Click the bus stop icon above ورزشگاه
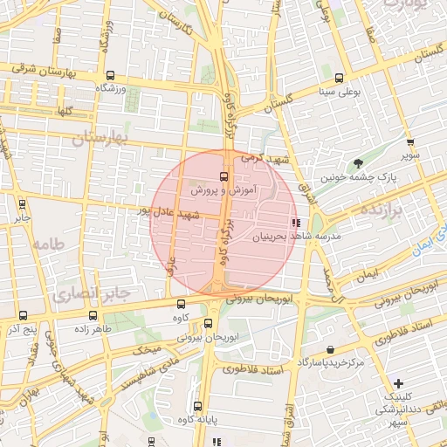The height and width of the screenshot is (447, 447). pyautogui.click(x=110, y=75)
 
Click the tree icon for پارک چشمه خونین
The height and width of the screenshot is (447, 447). pyautogui.click(x=359, y=163)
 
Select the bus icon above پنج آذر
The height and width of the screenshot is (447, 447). pyautogui.click(x=22, y=316)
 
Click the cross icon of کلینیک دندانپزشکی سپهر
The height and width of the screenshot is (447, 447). pyautogui.click(x=398, y=383)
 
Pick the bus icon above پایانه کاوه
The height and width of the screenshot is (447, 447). pyautogui.click(x=198, y=406)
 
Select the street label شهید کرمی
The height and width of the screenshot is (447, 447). pyautogui.click(x=265, y=160)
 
